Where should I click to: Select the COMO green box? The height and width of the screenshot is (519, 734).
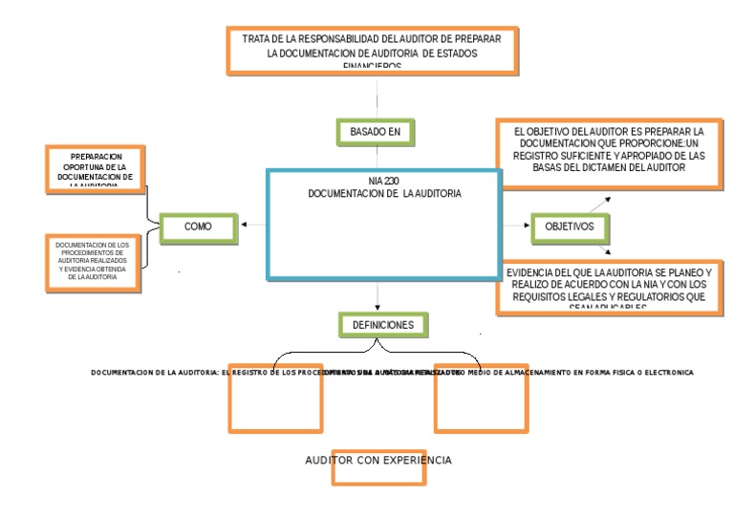(x=199, y=227)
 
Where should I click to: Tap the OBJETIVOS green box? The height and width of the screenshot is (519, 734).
(x=570, y=227)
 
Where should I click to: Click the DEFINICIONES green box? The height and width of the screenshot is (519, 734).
(x=382, y=325)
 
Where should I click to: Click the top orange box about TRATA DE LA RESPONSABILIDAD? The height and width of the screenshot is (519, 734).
(x=378, y=50)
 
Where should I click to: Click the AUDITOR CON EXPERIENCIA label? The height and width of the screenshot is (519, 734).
(x=378, y=461)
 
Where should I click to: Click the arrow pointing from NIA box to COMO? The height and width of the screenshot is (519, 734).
(x=253, y=226)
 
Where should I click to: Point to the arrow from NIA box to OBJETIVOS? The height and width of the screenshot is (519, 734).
(x=515, y=227)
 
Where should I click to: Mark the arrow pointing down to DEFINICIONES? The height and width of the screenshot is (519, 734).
(x=379, y=296)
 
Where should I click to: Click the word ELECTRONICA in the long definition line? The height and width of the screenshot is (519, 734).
(x=668, y=371)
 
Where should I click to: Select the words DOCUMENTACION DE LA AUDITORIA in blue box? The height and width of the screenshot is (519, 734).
(x=384, y=193)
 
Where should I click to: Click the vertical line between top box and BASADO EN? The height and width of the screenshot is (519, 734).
(x=379, y=96)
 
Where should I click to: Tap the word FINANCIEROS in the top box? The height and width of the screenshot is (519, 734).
(x=379, y=68)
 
